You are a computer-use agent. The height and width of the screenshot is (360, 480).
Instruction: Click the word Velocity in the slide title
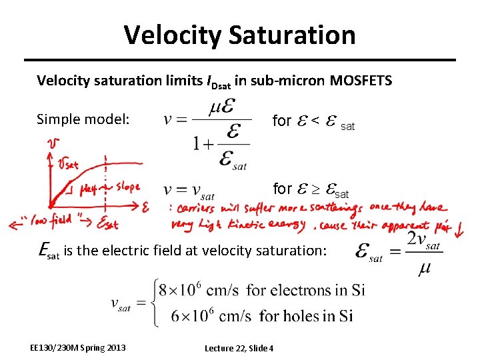click(x=169, y=35)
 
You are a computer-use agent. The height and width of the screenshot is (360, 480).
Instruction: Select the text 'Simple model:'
click(x=82, y=119)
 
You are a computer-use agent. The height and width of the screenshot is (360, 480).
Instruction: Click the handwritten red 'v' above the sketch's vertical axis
click(x=52, y=143)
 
